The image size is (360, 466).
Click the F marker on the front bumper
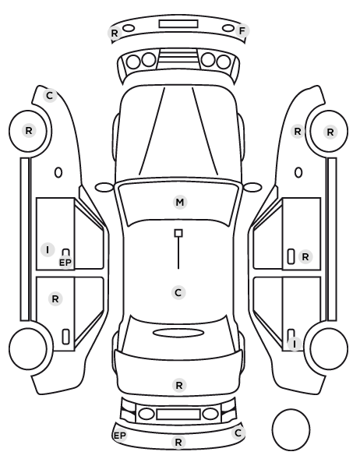242,31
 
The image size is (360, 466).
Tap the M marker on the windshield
180,203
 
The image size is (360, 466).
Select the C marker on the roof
178,293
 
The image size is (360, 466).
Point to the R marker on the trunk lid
179,386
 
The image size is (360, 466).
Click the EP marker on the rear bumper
120,436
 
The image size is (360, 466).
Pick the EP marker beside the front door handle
65,263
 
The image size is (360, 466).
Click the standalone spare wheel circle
291,430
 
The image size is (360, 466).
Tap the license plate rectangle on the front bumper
178,24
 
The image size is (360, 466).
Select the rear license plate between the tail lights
178,415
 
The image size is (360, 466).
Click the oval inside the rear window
178,333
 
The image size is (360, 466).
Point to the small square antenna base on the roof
178,233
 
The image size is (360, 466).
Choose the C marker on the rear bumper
238,433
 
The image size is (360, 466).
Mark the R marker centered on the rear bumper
178,442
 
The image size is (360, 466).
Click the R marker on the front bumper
115,34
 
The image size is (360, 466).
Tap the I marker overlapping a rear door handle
295,344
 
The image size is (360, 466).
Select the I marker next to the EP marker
48,250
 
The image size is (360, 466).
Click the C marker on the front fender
50,96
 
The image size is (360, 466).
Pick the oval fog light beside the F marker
228,28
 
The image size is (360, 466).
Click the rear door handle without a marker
65,337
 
